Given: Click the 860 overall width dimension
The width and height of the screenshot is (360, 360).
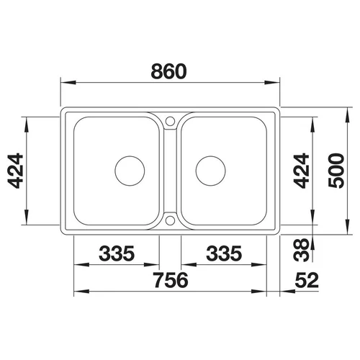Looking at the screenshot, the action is point(168,71).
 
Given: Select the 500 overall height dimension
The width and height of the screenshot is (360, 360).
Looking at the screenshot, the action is point(336,171).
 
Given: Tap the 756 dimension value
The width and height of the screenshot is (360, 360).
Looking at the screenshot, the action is point(171,280).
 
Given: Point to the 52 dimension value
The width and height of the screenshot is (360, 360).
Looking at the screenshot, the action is point(307,280).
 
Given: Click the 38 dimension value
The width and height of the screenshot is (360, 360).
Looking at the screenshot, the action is point(301,250).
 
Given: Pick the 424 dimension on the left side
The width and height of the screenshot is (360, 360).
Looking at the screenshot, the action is point(16,171).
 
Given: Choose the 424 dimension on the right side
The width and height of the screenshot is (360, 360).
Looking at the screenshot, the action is point(302,171).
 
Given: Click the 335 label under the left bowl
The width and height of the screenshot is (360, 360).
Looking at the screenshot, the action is point(117,253).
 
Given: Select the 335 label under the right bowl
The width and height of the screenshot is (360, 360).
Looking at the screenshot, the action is point(224,253).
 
